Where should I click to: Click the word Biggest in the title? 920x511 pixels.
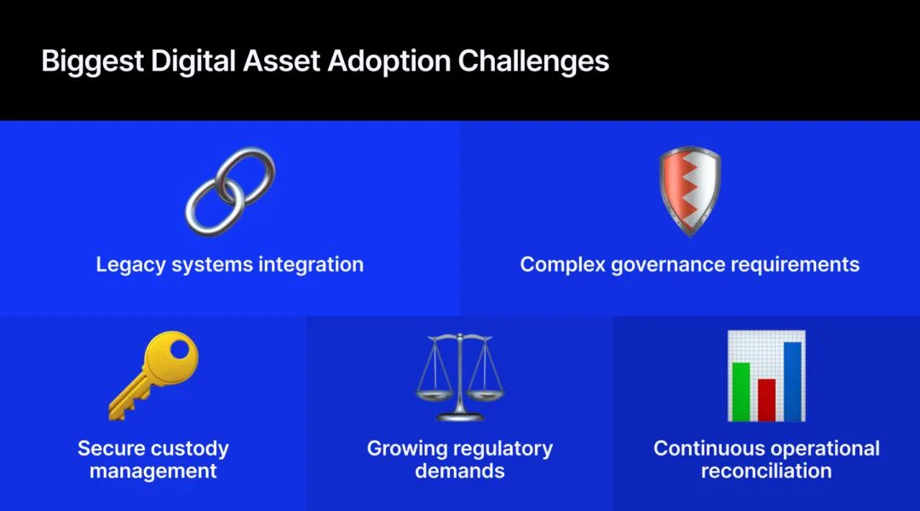(93, 62)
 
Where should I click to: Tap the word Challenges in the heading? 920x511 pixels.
(533, 61)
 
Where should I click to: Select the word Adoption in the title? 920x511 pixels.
(389, 62)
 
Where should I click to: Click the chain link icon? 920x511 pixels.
(230, 192)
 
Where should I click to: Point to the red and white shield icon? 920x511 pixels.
(690, 192)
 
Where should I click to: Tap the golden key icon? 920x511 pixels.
(153, 376)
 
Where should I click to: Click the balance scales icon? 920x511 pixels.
(460, 376)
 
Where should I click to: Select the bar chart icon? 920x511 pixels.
(767, 376)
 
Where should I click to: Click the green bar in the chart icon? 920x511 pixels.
(741, 391)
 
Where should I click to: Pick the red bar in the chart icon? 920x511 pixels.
(767, 399)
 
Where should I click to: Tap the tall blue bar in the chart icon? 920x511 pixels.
(792, 382)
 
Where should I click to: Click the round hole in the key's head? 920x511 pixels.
(180, 350)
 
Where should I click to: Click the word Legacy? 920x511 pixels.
(131, 265)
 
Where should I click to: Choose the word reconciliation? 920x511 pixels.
(767, 471)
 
